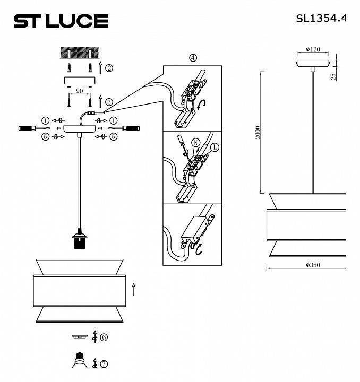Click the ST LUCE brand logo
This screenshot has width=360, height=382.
pos(61,21)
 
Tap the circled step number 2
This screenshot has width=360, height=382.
pos(109,68)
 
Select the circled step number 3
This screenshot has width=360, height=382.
pos(109,102)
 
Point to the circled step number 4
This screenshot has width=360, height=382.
pos(192,58)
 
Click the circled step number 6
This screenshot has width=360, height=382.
pos(104,337)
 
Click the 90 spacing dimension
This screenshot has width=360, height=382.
pos(80,91)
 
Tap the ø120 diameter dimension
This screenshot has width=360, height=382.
pos(313,50)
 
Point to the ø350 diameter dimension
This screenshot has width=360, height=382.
pos(313,265)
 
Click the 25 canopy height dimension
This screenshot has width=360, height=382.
pos(333,76)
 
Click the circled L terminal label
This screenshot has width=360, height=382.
pos(214,146)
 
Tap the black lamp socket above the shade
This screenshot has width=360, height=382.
pos(79,241)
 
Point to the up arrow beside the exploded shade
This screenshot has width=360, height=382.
pos(134,289)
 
